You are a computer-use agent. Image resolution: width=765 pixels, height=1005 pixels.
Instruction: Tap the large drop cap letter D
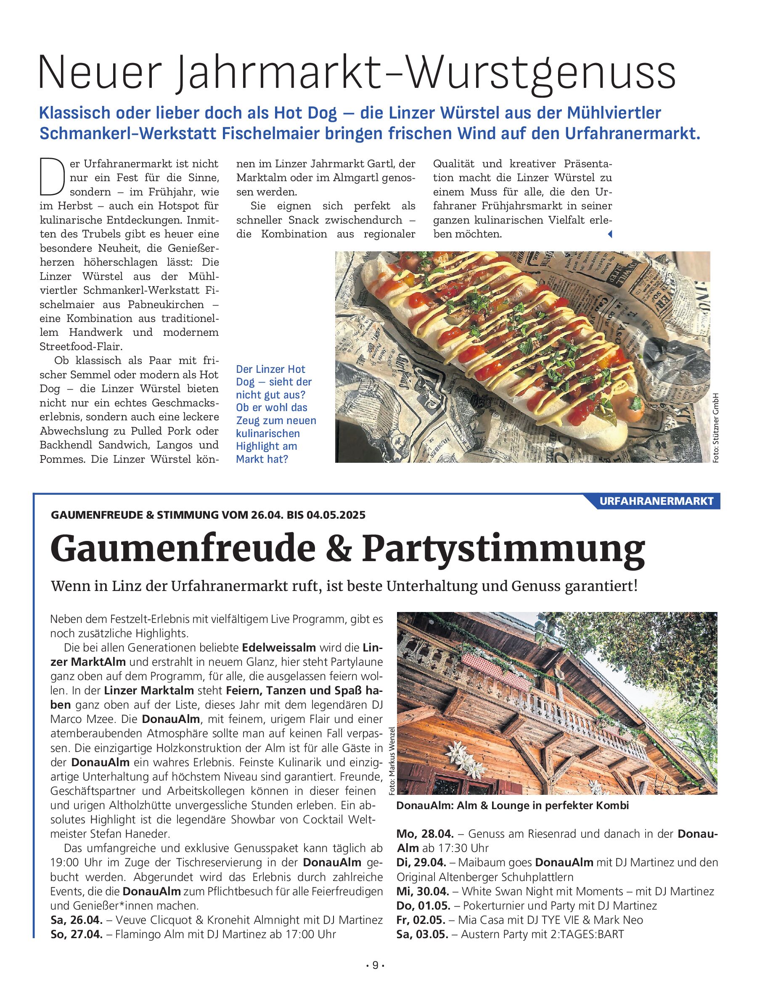(x=51, y=176)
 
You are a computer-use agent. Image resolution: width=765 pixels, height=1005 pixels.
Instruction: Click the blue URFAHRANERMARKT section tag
(x=656, y=501)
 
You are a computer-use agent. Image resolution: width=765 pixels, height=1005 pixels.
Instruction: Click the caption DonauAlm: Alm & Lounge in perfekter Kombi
(x=512, y=806)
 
